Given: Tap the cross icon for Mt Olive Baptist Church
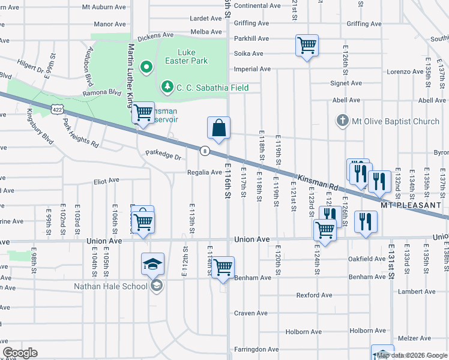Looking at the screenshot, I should [x=342, y=121].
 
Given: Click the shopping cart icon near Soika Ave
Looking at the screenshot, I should [x=307, y=45].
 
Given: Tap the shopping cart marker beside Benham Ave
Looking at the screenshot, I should [x=223, y=267].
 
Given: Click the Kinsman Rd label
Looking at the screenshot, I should [x=319, y=179].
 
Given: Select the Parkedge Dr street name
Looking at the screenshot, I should [x=163, y=157].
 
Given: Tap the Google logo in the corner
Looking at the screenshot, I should [x=20, y=353].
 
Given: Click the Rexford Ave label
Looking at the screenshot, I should [x=313, y=295].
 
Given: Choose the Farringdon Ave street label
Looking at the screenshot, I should [x=256, y=349].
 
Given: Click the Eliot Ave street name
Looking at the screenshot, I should [x=106, y=180].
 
